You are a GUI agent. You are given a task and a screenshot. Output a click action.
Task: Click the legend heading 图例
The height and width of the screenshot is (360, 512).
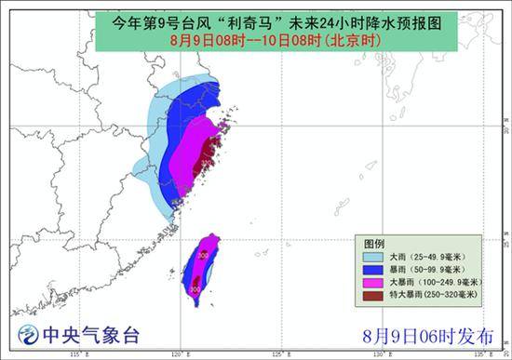[373, 240]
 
